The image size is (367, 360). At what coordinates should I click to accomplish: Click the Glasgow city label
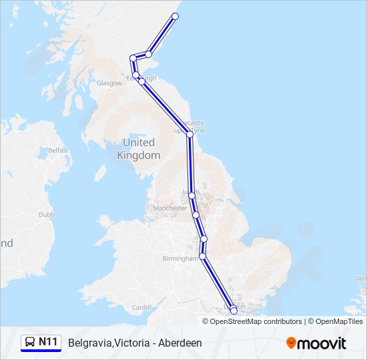(x=109, y=83)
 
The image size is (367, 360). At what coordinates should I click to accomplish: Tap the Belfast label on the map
(x=58, y=151)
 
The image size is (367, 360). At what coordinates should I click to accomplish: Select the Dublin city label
(x=48, y=215)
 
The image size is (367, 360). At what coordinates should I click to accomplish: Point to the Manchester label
(x=170, y=208)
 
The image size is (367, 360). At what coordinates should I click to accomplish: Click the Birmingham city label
(x=180, y=259)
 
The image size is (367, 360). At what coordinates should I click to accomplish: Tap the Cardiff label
(x=141, y=308)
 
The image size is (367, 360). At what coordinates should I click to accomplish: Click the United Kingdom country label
(x=139, y=149)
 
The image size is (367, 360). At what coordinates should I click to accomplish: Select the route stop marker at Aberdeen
(x=175, y=16)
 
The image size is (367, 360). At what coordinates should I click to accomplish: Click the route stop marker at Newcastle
(x=190, y=134)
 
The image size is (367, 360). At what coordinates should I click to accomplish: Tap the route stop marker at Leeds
(x=192, y=195)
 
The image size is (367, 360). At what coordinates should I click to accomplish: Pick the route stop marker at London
(x=234, y=311)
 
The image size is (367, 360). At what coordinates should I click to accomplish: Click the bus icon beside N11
(x=30, y=343)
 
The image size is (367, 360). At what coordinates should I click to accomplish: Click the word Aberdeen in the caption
(x=179, y=343)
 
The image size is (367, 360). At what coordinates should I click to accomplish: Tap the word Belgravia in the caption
(x=89, y=343)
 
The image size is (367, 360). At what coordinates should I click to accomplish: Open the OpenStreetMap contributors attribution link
(x=256, y=321)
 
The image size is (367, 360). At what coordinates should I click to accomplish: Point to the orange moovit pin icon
(x=291, y=343)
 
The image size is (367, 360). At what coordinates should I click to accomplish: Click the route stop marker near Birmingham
(x=202, y=256)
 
